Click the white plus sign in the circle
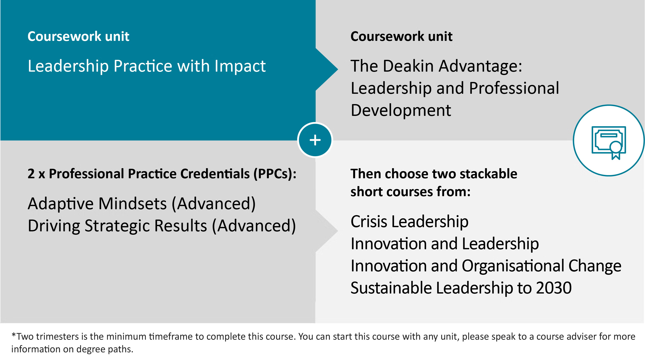coord(315,140)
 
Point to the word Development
coord(401,110)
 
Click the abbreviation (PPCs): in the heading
coord(275,174)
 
